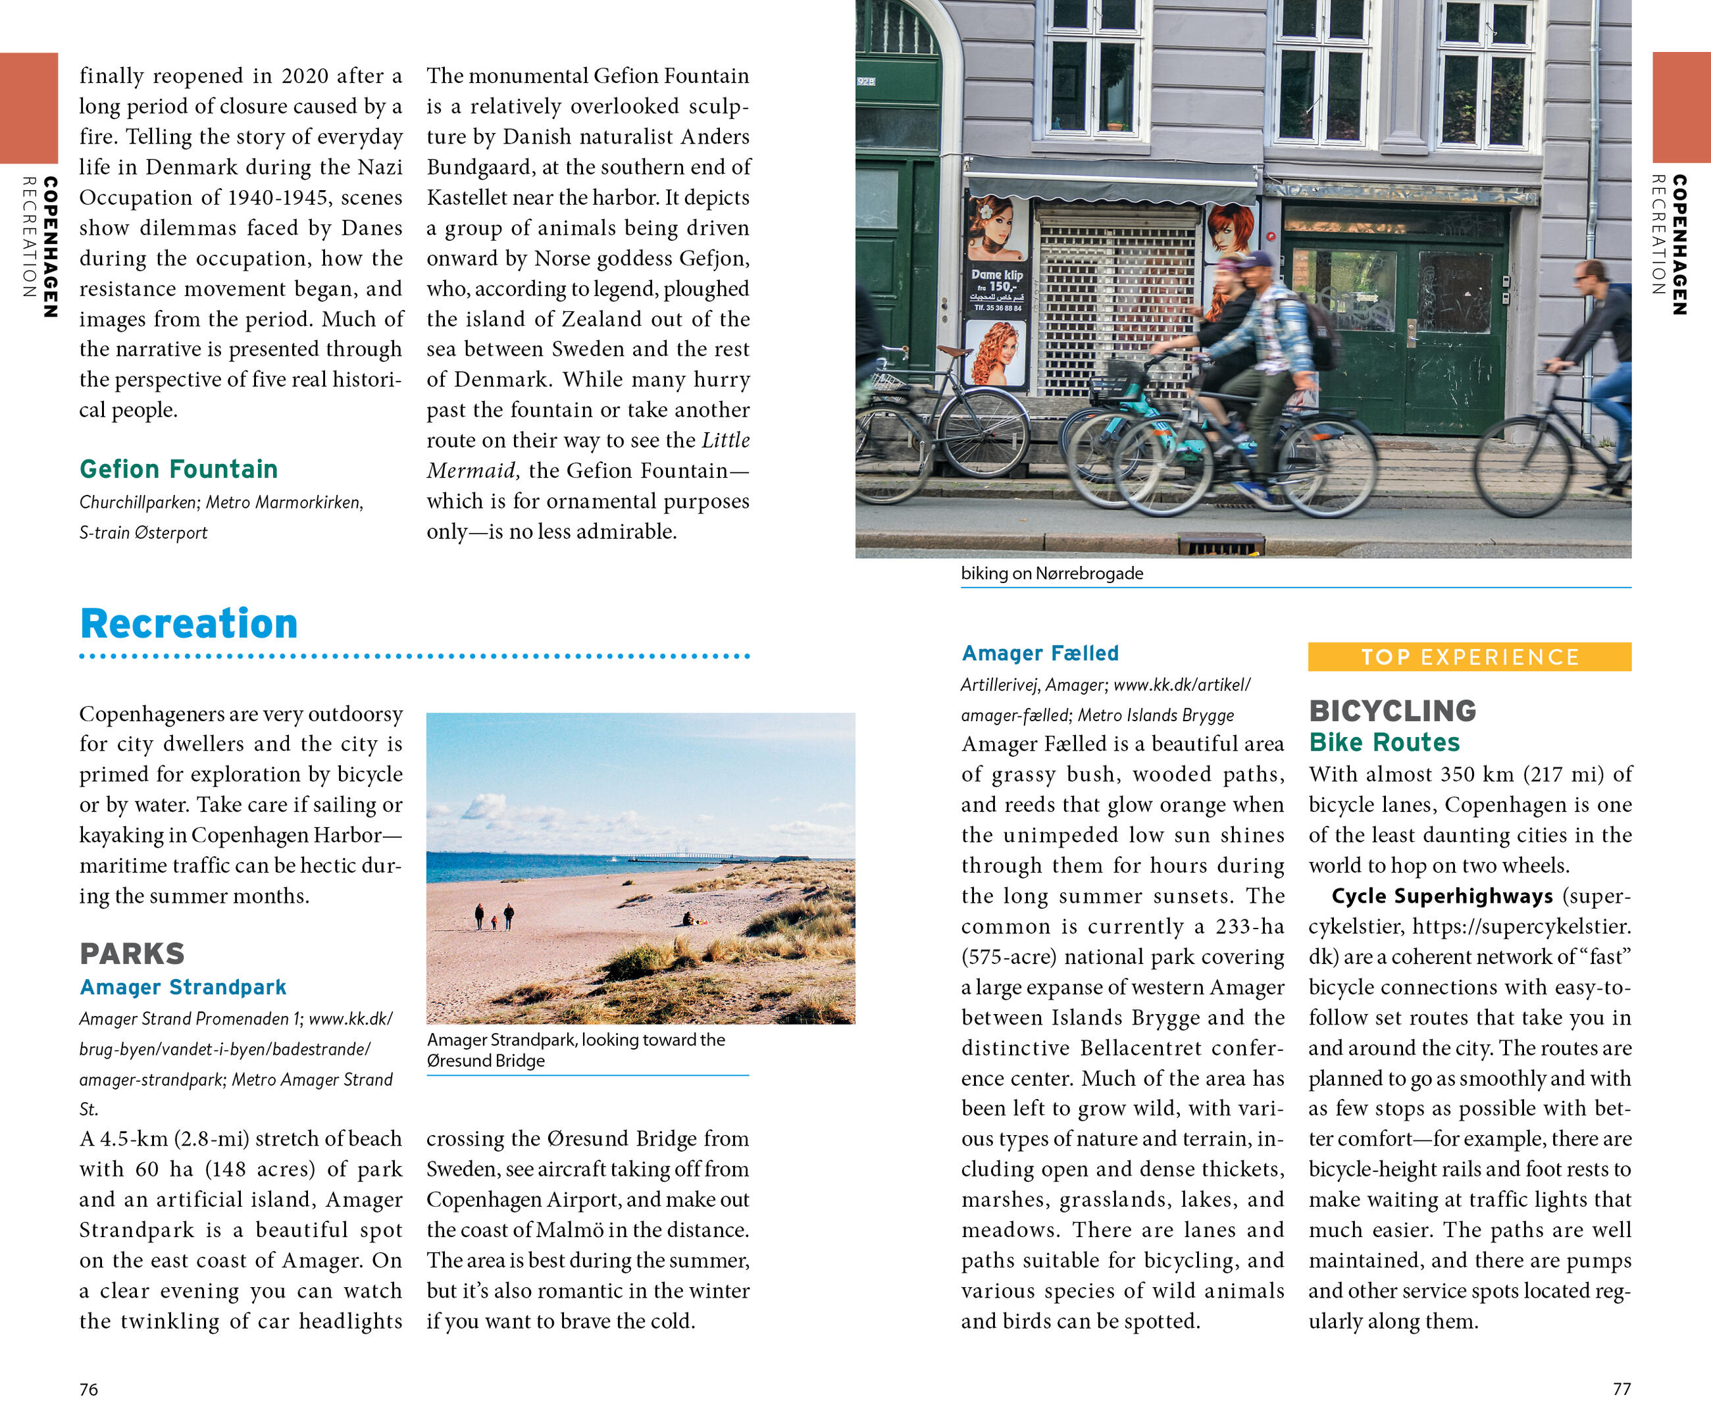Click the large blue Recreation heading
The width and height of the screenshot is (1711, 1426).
click(x=189, y=624)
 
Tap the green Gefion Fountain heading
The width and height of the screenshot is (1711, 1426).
click(x=178, y=469)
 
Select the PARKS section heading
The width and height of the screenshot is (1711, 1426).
click(x=132, y=954)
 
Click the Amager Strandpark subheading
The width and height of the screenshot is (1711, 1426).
click(x=184, y=988)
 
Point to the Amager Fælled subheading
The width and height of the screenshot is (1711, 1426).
click(x=1040, y=653)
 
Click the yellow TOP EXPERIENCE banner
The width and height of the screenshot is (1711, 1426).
click(x=1469, y=657)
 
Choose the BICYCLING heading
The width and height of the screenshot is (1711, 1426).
click(x=1392, y=711)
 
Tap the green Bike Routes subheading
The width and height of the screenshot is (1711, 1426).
click(x=1385, y=742)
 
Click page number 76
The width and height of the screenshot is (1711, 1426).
click(x=89, y=1389)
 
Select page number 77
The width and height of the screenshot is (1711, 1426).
click(x=1622, y=1389)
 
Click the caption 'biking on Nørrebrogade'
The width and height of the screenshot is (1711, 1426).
click(x=1052, y=574)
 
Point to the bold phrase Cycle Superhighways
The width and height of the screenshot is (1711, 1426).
click(x=1442, y=896)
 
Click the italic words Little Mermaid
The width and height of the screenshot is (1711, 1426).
click(x=586, y=455)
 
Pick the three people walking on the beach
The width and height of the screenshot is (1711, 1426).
click(x=494, y=917)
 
